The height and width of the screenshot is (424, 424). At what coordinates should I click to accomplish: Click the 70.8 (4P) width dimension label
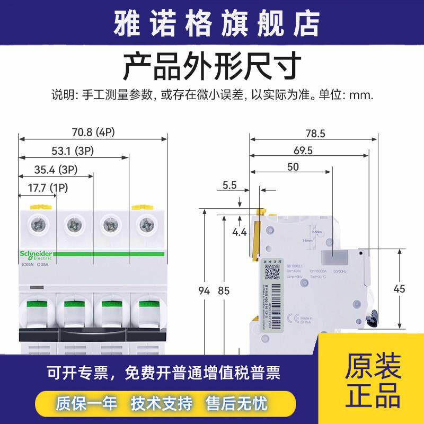[93, 132]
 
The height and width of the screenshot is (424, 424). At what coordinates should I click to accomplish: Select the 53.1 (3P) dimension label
[73, 151]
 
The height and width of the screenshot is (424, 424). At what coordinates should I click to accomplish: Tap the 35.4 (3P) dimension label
[56, 170]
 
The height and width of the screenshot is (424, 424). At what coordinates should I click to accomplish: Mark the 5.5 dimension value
[229, 185]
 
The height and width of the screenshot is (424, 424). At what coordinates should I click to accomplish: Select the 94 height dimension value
[204, 290]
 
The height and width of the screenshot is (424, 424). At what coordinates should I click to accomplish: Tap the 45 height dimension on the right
[400, 289]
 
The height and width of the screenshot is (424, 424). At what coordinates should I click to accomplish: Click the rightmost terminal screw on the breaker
[144, 225]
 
